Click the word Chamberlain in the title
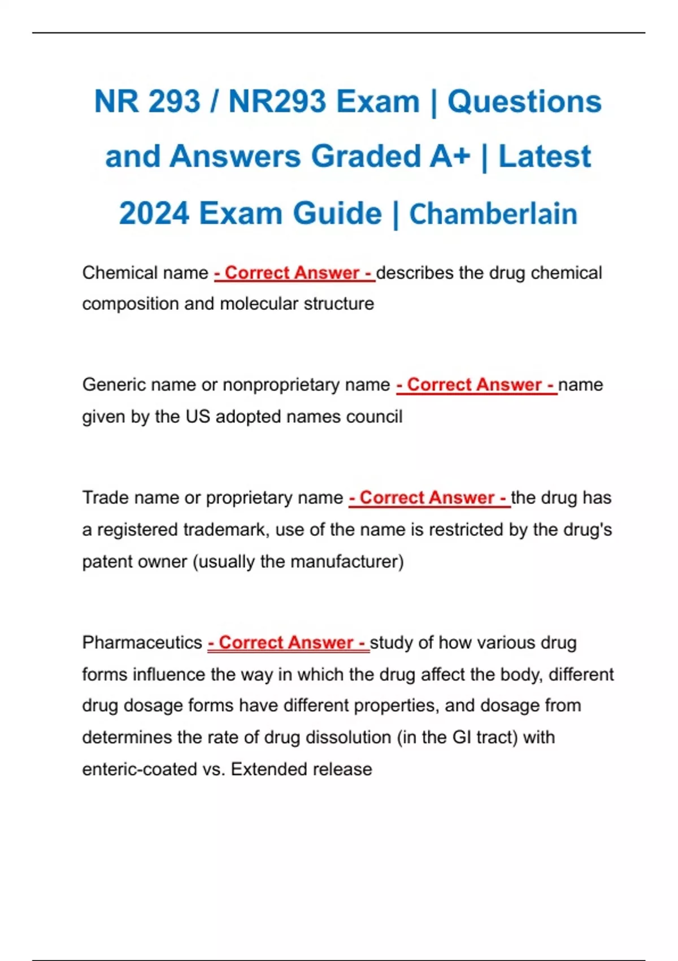pyautogui.click(x=493, y=214)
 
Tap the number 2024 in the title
pyautogui.click(x=153, y=214)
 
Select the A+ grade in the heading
pyautogui.click(x=449, y=157)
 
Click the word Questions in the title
pyautogui.click(x=524, y=102)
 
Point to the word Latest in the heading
pyautogui.click(x=544, y=157)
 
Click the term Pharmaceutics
pyautogui.click(x=142, y=643)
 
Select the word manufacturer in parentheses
pyautogui.click(x=344, y=562)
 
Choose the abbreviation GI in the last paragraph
pyautogui.click(x=462, y=738)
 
